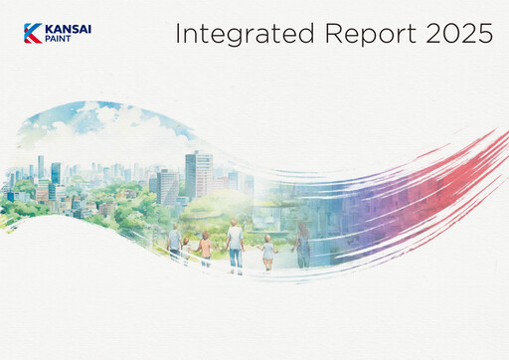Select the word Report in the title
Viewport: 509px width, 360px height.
(x=362, y=34)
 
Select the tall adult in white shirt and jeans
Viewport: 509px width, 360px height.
(x=235, y=247)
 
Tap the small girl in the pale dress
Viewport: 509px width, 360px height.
(x=267, y=254)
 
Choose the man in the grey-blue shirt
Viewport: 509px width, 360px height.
(x=175, y=243)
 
